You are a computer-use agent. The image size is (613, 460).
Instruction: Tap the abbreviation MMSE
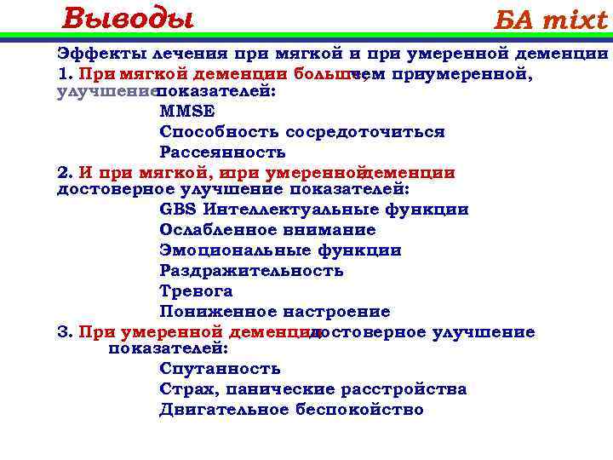coord(187,112)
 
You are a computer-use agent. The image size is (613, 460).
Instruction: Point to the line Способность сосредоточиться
coord(301,132)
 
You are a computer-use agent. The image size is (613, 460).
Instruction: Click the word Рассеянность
coord(222,152)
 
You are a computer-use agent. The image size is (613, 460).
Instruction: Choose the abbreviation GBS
coord(176,210)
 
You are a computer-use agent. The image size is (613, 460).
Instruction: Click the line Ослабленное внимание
coord(267,230)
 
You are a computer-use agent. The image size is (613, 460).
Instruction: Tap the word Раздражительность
coord(251,271)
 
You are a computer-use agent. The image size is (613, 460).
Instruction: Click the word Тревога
coord(196,291)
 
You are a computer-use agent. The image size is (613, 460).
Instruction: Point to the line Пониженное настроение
coord(274,312)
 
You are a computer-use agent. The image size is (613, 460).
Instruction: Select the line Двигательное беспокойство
coord(291,410)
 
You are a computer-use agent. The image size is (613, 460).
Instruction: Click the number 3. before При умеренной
coord(64,332)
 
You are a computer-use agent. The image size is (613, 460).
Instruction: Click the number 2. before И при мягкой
coord(64,173)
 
